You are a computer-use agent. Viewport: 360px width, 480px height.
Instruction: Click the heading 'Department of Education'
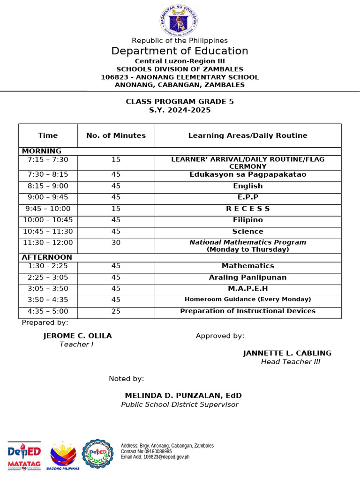(x=180, y=51)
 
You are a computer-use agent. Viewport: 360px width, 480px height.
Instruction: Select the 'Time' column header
(x=48, y=135)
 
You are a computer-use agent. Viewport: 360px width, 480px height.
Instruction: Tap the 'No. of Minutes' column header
(x=116, y=135)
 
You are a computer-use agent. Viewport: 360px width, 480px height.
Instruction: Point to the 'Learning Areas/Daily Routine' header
(x=247, y=135)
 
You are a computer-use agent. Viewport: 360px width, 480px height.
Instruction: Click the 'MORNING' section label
(x=42, y=151)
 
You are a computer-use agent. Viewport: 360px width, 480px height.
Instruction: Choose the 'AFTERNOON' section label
(x=47, y=257)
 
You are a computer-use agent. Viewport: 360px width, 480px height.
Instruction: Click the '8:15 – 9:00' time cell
(x=48, y=186)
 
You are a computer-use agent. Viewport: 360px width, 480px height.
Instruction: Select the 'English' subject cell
(x=247, y=186)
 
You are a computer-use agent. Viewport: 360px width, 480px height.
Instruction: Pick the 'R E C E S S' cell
(x=247, y=209)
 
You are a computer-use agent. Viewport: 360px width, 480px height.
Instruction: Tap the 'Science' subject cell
(x=247, y=232)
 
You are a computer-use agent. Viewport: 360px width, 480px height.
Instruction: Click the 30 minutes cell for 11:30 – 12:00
(x=116, y=243)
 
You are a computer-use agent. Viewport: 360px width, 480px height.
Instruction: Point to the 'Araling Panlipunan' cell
(x=247, y=277)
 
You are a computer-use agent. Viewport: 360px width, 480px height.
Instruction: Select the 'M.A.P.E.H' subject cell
(x=247, y=289)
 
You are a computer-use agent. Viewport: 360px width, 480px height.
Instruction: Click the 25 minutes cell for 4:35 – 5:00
(x=116, y=311)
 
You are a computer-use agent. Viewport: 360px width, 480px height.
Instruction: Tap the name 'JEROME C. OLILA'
(x=77, y=336)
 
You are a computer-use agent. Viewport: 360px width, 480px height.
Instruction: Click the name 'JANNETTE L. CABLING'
(x=287, y=353)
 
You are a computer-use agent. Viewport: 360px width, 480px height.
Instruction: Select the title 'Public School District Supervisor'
(x=180, y=405)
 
